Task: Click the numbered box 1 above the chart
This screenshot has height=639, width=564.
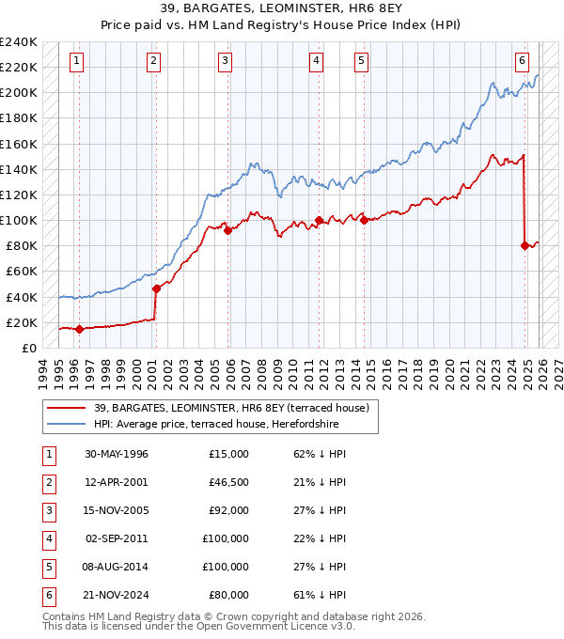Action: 75,61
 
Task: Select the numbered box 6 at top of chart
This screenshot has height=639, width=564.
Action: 522,61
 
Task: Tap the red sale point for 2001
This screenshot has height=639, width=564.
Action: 156,288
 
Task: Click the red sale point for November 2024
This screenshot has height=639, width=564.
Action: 525,246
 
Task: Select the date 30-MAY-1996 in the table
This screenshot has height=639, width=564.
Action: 117,454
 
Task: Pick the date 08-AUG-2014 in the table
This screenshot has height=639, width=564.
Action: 117,567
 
